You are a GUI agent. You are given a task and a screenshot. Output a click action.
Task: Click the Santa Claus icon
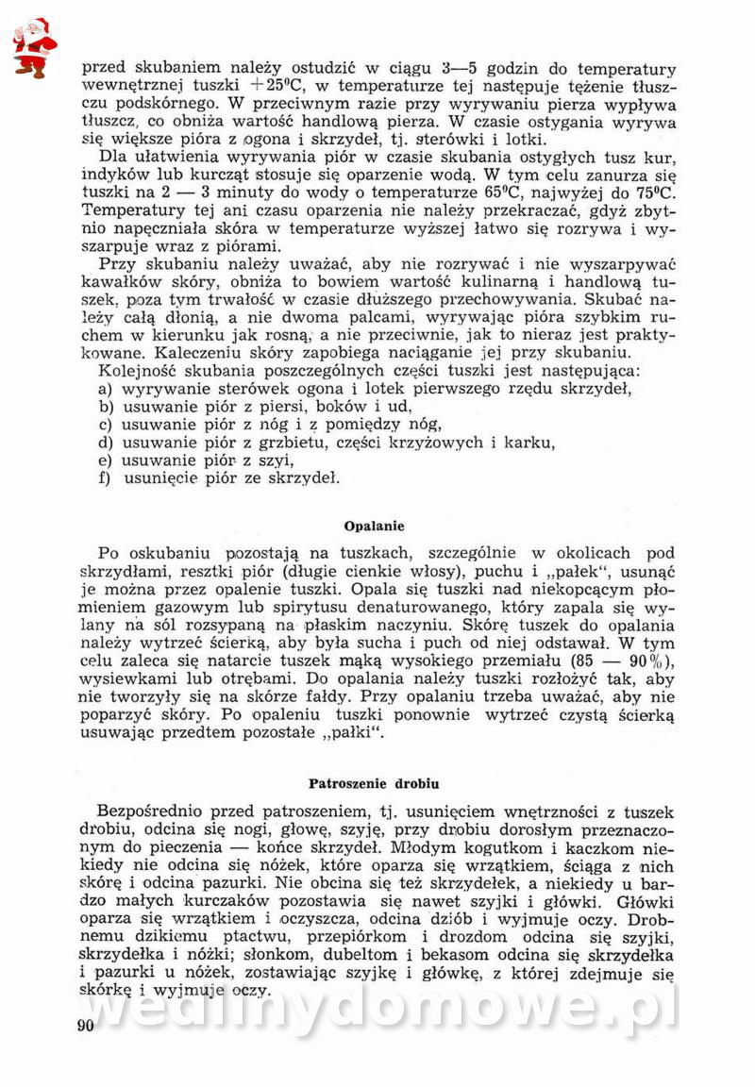point(34,47)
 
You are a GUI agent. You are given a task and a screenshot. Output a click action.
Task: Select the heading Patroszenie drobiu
point(374,783)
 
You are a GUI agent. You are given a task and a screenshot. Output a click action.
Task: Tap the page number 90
point(86,1027)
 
